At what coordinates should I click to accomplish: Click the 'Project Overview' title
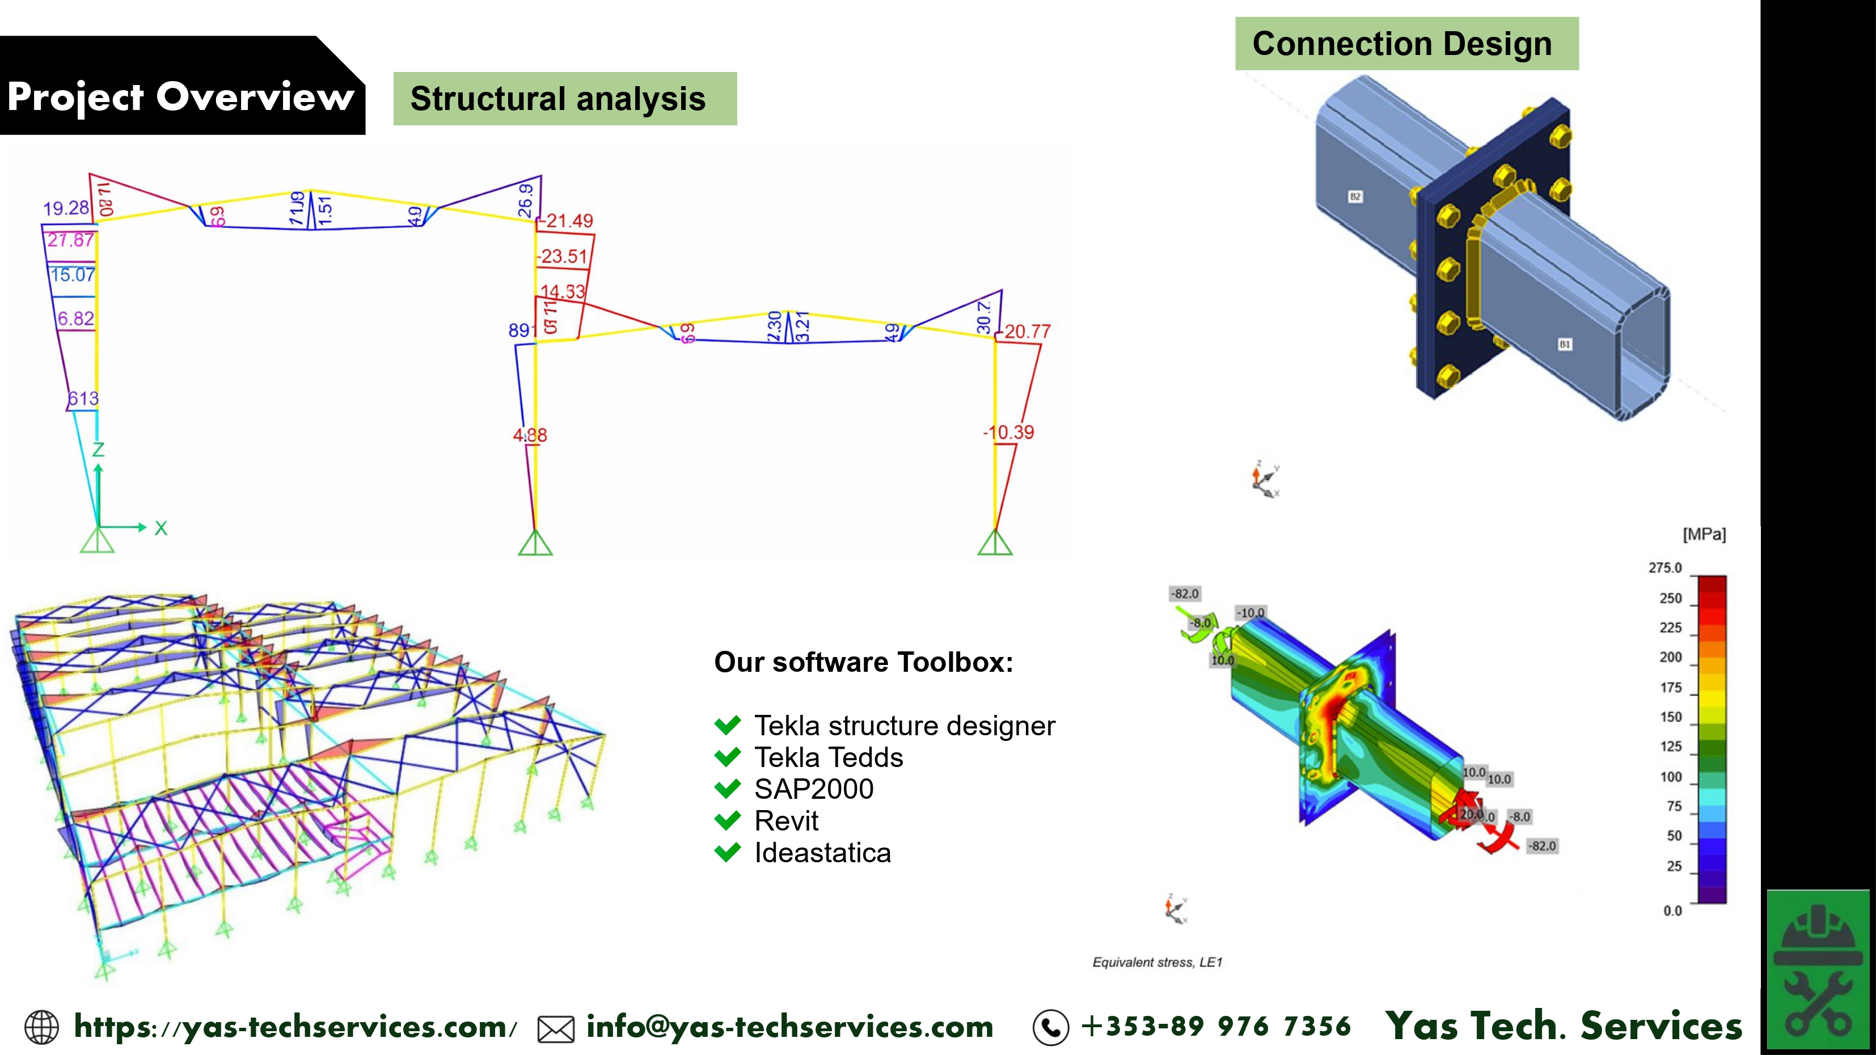point(180,97)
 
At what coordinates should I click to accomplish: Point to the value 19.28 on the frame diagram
point(66,208)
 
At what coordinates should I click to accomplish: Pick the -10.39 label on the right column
point(1009,432)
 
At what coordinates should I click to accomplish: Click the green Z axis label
point(98,450)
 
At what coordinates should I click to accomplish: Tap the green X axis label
point(161,528)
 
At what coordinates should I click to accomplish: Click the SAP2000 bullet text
point(813,789)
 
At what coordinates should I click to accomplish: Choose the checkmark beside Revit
point(728,820)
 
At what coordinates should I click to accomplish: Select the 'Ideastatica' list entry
point(822,853)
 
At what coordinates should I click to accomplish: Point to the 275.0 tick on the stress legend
point(1665,568)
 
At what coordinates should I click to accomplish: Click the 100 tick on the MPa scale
point(1671,777)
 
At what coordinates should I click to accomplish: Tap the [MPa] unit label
point(1704,535)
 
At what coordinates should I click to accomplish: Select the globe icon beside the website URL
point(41,1027)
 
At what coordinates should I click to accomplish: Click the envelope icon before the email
point(556,1029)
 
